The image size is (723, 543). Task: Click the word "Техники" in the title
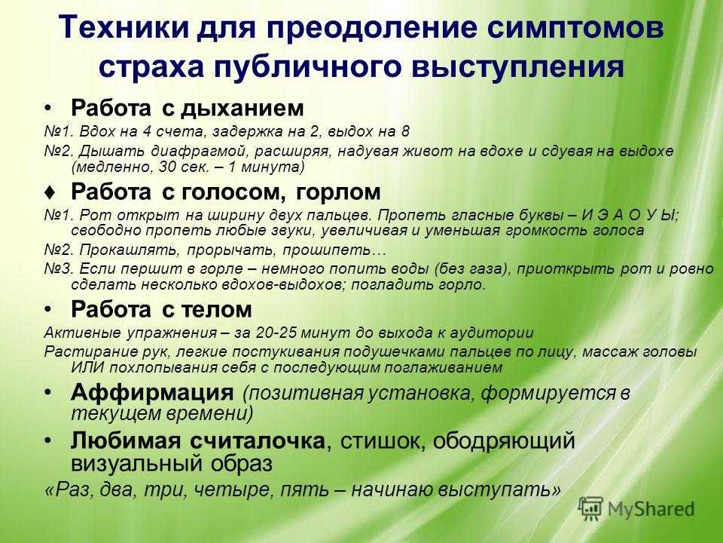click(x=124, y=27)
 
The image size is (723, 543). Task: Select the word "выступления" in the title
click(x=518, y=66)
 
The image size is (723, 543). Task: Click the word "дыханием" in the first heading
click(x=242, y=108)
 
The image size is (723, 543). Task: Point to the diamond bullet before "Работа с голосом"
click(x=51, y=192)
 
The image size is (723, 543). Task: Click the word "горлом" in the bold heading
click(x=338, y=192)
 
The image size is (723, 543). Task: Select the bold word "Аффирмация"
click(x=152, y=392)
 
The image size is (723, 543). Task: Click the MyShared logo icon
click(x=591, y=509)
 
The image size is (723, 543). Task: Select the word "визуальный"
click(x=136, y=463)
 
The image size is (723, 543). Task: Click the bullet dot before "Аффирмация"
click(x=48, y=393)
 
